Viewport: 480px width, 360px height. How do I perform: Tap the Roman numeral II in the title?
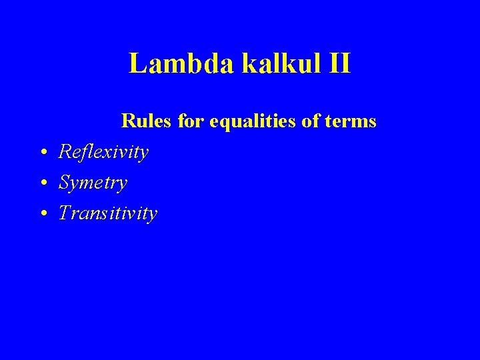335,64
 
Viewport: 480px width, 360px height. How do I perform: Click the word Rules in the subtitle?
142,121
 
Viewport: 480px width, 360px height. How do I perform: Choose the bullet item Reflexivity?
103,153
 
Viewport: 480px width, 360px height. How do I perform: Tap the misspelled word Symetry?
93,183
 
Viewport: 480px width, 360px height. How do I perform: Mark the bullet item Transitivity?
108,213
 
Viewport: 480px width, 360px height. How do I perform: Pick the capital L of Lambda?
137,64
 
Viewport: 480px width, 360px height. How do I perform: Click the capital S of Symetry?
65,182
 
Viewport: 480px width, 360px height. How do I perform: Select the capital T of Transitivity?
65,213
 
